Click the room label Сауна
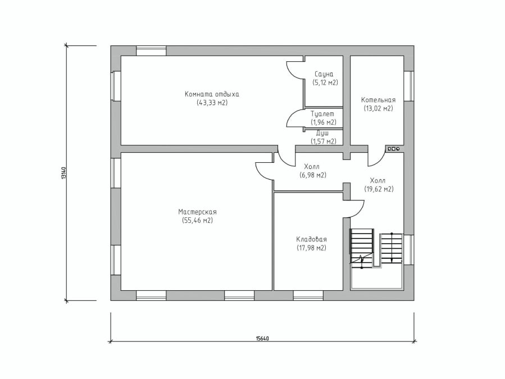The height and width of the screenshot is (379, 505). pyautogui.click(x=324, y=74)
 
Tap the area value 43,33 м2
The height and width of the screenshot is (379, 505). pyautogui.click(x=212, y=103)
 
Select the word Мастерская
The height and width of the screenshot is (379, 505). pyautogui.click(x=197, y=212)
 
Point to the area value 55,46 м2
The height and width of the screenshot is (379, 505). pyautogui.click(x=197, y=221)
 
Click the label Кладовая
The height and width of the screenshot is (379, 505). pyautogui.click(x=311, y=239)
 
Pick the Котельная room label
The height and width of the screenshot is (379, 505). pyautogui.click(x=378, y=100)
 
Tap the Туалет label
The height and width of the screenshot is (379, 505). pyautogui.click(x=322, y=113)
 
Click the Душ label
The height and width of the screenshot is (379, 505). pyautogui.click(x=322, y=133)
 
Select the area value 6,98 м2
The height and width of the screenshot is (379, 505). pyautogui.click(x=313, y=175)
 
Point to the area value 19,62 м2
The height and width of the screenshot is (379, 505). pyautogui.click(x=379, y=189)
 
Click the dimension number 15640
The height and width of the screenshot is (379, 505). pyautogui.click(x=262, y=338)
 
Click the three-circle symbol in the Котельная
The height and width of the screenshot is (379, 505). pyautogui.click(x=394, y=149)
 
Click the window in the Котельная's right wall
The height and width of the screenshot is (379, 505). pyautogui.click(x=409, y=86)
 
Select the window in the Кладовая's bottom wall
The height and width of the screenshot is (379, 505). pyautogui.click(x=308, y=295)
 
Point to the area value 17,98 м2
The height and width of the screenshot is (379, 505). pyautogui.click(x=311, y=248)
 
